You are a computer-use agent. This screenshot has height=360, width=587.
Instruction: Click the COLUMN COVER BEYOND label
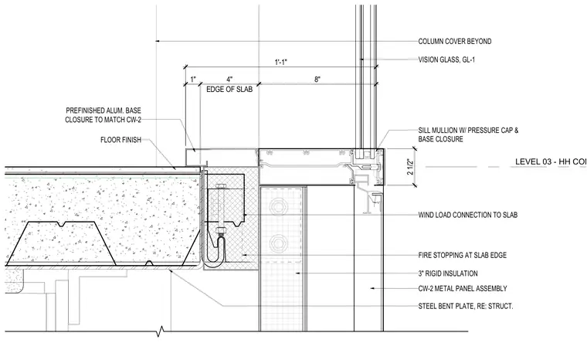(454, 42)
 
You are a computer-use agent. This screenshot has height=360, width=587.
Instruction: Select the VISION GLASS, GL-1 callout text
(446, 59)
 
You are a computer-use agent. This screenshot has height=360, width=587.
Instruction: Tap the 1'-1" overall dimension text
(281, 62)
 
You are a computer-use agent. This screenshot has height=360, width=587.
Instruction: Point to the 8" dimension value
(317, 80)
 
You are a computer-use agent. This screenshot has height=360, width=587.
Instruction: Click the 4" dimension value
(229, 80)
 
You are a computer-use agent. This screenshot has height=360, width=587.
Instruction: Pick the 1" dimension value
(193, 80)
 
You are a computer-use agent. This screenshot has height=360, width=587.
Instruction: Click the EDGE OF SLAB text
(229, 90)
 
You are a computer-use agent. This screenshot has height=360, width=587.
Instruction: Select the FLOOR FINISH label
(120, 140)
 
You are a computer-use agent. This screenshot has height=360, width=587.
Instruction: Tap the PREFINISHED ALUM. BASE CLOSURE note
(103, 115)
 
